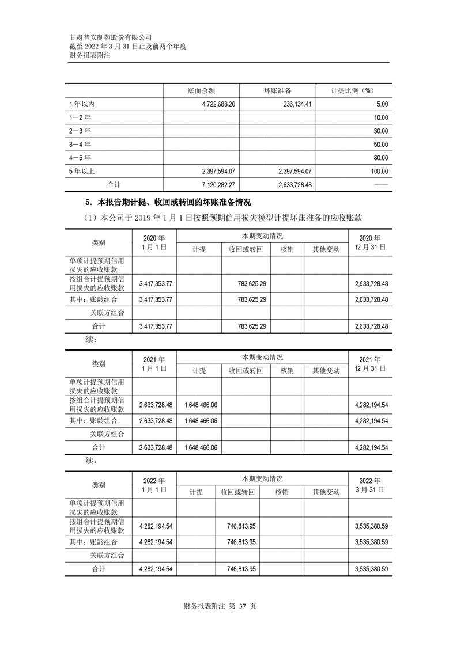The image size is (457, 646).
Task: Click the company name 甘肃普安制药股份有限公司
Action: click(x=110, y=36)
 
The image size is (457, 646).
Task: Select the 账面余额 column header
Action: click(x=201, y=91)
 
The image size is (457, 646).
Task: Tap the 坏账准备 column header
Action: click(x=278, y=91)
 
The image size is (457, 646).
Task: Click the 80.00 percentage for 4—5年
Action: click(x=380, y=158)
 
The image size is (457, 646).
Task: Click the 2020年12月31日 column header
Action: click(x=370, y=242)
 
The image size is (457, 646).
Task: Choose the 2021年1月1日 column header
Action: click(x=154, y=364)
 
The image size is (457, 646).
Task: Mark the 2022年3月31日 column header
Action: click(x=370, y=485)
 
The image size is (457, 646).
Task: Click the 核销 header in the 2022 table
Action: click(x=282, y=492)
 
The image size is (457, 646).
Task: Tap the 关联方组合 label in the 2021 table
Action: click(x=108, y=434)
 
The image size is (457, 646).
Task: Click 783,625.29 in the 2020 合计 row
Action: click(x=246, y=326)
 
